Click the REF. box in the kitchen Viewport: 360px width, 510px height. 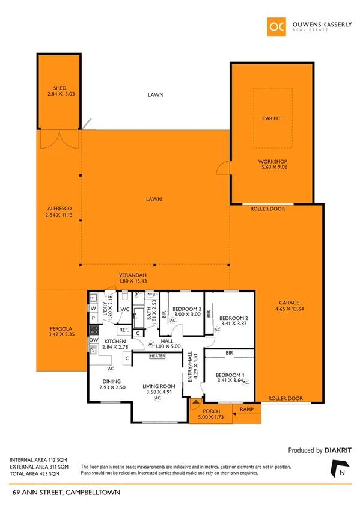(x=123, y=330)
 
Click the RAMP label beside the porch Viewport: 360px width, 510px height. (x=246, y=409)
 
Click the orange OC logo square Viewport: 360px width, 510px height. (x=276, y=26)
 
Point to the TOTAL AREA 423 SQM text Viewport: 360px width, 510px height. (x=38, y=473)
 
